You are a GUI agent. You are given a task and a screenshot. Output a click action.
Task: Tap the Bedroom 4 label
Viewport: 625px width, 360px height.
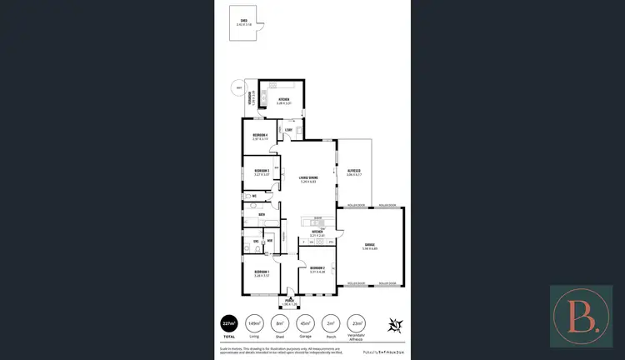coord(261,136)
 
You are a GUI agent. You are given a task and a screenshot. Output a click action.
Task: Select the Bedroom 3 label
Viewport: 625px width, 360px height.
coord(262,172)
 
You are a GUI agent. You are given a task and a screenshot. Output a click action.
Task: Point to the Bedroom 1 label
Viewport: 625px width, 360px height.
coord(262,273)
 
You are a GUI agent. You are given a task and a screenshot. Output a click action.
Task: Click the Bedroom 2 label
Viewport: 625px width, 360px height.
coord(317,269)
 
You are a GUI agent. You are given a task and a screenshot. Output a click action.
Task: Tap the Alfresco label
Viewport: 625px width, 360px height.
coord(353,172)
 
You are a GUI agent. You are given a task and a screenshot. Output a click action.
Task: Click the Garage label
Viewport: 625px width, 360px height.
coord(370,247)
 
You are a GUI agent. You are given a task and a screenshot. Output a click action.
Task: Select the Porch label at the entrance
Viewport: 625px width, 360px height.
coord(289,301)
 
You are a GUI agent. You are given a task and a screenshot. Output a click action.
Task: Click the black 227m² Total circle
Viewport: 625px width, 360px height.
coord(228,323)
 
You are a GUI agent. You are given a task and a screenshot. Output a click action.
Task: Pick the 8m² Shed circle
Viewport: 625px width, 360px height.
coord(280,323)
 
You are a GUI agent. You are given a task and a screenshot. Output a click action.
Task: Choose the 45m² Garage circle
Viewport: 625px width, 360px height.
coord(305,323)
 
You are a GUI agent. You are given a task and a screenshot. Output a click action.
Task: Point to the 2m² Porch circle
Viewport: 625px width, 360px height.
coord(331,323)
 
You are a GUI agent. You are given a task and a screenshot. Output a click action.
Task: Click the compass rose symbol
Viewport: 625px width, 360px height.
coord(394,323)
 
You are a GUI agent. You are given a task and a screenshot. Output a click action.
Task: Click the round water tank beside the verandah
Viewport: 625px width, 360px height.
coord(239,88)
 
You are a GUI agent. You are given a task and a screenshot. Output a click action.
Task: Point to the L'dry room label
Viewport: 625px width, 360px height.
coord(288,130)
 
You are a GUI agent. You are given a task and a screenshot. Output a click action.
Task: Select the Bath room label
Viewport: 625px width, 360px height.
coord(262,214)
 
